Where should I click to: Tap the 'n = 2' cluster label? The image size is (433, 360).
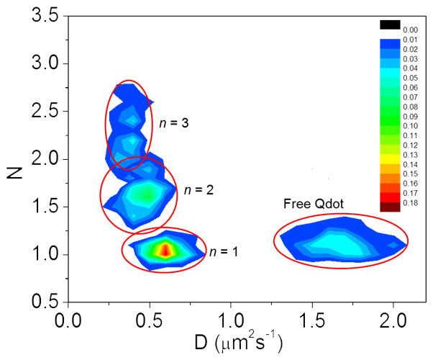[x=199, y=191]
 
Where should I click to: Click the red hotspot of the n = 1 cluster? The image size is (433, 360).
[x=165, y=250]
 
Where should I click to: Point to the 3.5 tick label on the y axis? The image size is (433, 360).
[x=45, y=17]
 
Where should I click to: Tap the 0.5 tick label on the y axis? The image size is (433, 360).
[x=45, y=302]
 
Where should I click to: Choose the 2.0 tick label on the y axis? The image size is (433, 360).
[x=45, y=159]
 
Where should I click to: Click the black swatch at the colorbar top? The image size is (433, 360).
[x=388, y=25]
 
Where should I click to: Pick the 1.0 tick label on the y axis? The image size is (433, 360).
[x=45, y=255]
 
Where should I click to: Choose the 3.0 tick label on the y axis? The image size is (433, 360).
[x=45, y=64]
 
